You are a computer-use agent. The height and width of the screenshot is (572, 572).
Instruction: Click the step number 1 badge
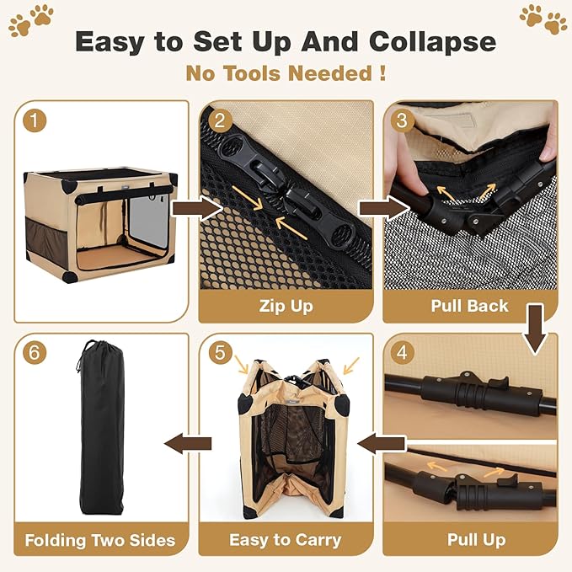point(34,120)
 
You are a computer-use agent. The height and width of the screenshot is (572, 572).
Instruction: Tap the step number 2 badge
point(218,120)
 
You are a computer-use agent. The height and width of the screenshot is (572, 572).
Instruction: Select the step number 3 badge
point(402,120)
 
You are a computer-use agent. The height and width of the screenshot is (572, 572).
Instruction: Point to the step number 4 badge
point(402,353)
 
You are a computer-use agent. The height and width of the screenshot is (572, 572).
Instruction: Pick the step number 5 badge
point(218,353)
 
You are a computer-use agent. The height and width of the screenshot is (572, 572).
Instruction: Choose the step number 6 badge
point(34,353)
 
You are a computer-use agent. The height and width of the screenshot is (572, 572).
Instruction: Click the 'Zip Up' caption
point(285,306)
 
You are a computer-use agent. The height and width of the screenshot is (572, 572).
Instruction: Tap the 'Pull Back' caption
point(469,306)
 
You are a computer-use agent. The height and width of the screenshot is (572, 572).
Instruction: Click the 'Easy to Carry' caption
point(285,539)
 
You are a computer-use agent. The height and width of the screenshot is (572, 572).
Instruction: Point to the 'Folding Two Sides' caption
point(99,539)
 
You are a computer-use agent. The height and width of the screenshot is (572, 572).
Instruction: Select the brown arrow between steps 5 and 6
point(187,443)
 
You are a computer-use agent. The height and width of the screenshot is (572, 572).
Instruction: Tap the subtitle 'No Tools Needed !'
point(286,73)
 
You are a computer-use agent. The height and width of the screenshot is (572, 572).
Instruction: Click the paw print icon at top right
point(543,19)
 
